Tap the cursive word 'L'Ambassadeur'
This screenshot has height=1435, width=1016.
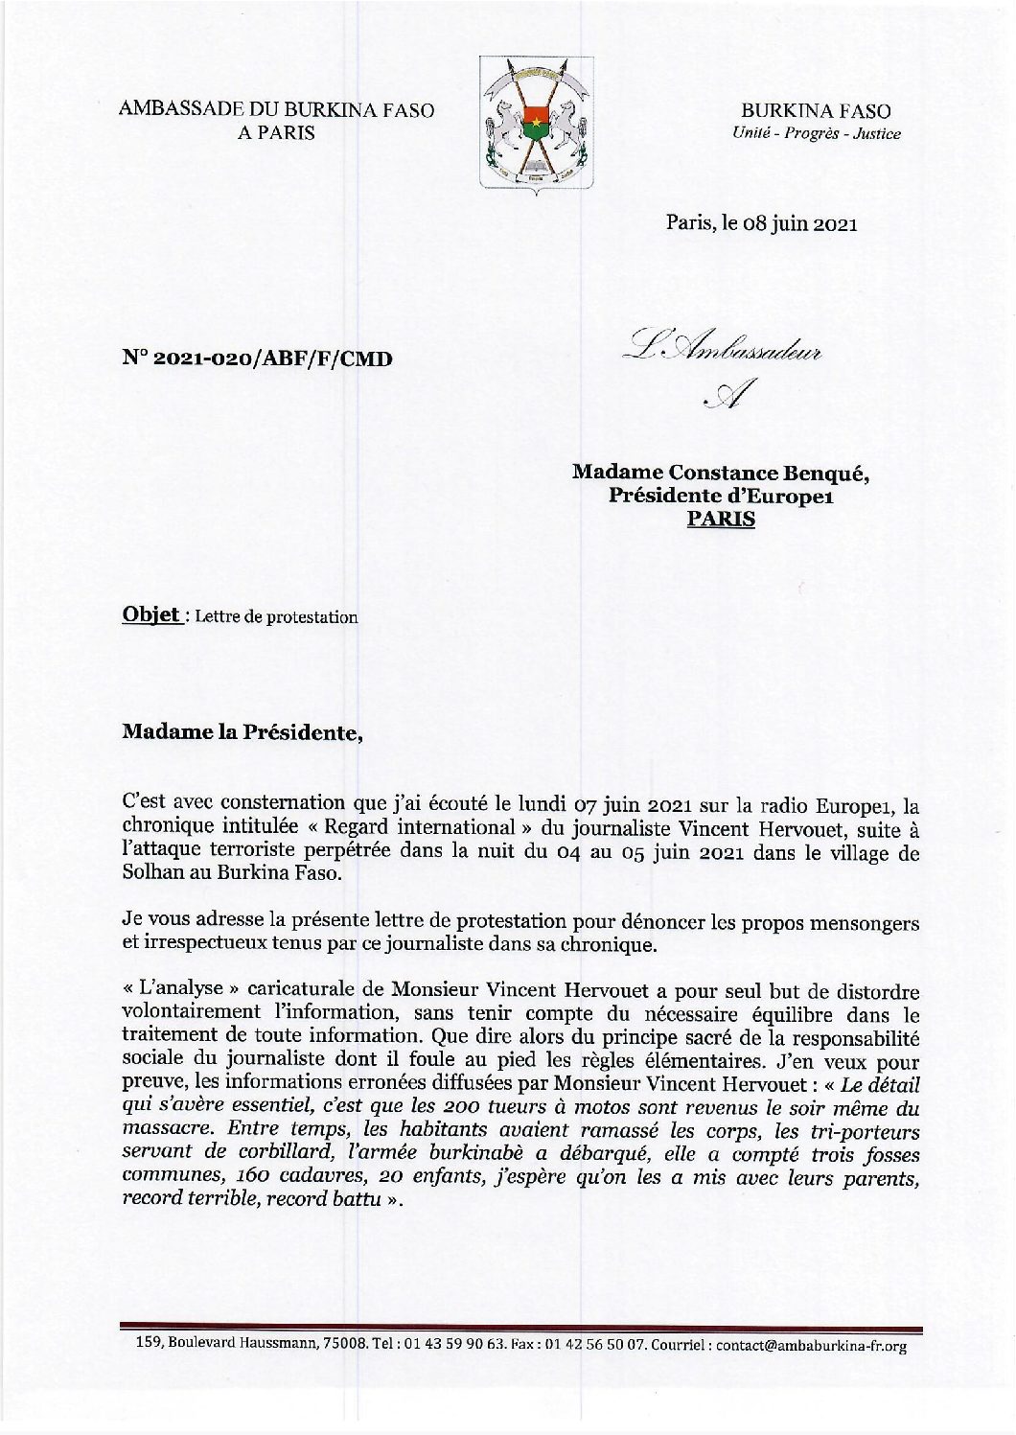(725, 349)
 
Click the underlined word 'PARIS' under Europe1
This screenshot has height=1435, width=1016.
(722, 519)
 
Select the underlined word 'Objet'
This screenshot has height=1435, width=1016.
(150, 614)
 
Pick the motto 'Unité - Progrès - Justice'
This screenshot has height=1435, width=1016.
(816, 134)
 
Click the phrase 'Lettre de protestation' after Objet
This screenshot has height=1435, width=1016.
(276, 616)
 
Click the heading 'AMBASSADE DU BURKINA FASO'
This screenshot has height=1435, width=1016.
(276, 110)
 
